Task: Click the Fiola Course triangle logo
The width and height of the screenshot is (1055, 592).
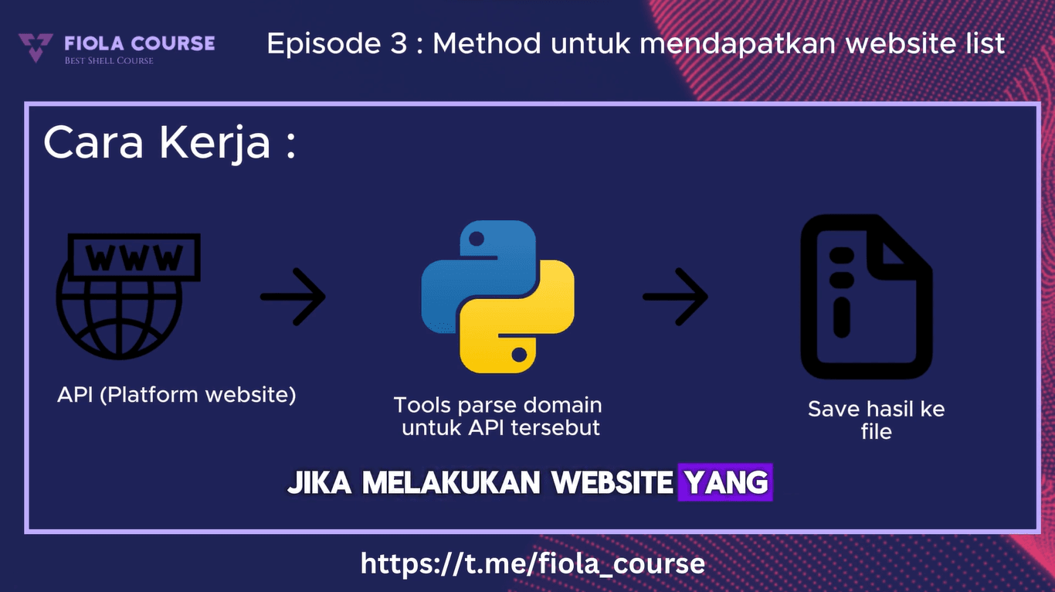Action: (x=36, y=47)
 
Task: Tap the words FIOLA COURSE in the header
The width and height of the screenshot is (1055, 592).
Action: (x=140, y=43)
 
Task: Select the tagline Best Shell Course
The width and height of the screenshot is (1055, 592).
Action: (x=109, y=60)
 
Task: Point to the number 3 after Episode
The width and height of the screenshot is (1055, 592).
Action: (x=398, y=43)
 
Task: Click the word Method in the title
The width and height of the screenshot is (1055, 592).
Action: (x=487, y=43)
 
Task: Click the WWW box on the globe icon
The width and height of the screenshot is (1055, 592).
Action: (x=134, y=257)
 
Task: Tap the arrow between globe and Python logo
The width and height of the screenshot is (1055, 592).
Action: (x=293, y=297)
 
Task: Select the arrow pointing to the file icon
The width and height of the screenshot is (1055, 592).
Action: (x=675, y=297)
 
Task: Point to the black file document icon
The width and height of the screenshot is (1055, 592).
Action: (x=866, y=297)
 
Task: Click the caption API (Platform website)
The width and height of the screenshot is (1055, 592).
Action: (x=177, y=394)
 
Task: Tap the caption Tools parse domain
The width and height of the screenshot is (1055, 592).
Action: (x=498, y=405)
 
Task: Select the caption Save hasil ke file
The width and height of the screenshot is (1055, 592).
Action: (x=876, y=420)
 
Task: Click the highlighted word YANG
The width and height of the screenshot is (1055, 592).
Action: (x=725, y=483)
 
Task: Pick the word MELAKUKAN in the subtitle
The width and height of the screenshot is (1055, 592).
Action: (x=451, y=483)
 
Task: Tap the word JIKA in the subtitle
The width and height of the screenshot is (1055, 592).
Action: (x=320, y=483)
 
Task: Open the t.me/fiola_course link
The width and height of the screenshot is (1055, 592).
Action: (x=533, y=563)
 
